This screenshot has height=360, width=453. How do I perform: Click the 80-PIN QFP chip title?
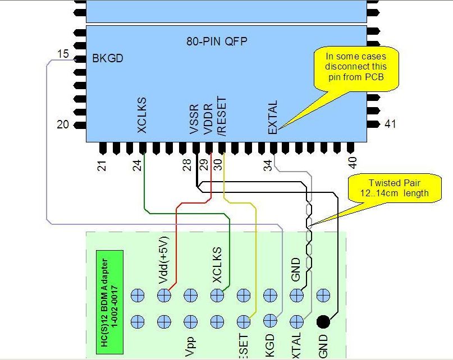(x=217, y=41)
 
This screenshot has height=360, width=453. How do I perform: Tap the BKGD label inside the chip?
(x=108, y=58)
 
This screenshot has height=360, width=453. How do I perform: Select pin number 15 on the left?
(x=63, y=54)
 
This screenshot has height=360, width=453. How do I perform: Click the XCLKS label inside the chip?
(x=142, y=117)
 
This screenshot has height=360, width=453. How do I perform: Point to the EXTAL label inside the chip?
(x=273, y=118)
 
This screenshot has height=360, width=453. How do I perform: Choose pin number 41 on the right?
(x=390, y=124)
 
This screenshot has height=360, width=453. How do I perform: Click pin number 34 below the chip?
(x=268, y=165)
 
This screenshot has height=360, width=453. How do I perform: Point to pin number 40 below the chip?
(x=352, y=163)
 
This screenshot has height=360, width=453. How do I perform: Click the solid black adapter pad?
(x=323, y=322)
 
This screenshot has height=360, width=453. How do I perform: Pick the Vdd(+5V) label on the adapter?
(x=163, y=266)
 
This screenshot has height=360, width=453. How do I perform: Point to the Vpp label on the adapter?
(x=190, y=347)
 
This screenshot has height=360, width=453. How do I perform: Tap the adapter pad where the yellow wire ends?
(x=244, y=322)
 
